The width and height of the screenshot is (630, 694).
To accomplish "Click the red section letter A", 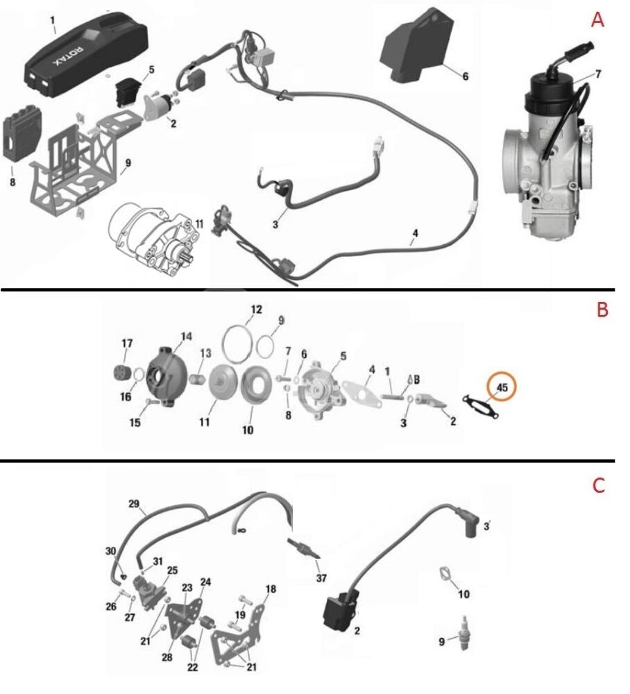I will click(x=597, y=21).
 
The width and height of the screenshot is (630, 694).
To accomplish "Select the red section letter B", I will click(x=602, y=310).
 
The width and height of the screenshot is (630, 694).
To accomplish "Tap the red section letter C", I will click(x=599, y=486).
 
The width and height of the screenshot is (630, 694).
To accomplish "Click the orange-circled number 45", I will click(x=504, y=389).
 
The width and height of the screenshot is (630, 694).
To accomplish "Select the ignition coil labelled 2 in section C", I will click(x=339, y=609).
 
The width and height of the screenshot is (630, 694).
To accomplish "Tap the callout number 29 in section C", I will click(x=135, y=504).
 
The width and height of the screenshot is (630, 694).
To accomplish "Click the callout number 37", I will click(x=321, y=577).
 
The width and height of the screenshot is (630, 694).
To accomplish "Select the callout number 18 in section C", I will click(x=271, y=589).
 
